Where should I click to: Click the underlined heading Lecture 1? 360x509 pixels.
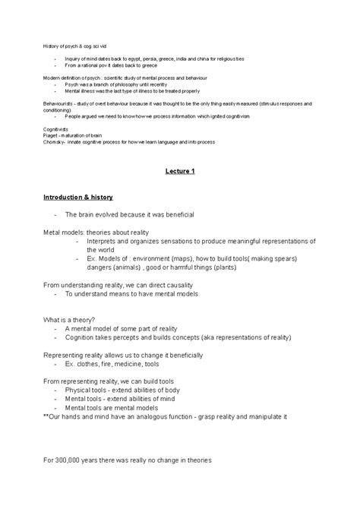(x=180, y=172)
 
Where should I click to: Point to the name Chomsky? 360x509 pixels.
(x=54, y=141)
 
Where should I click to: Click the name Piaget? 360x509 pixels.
(x=51, y=136)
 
